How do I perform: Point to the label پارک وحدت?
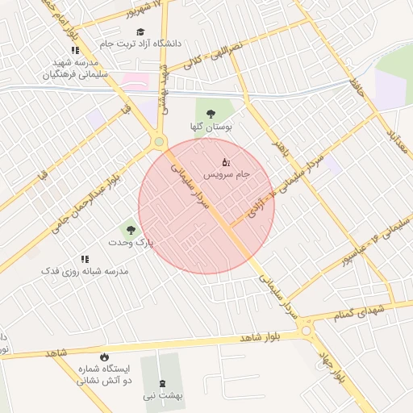[x=131, y=242]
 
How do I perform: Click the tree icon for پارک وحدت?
[x=131, y=231]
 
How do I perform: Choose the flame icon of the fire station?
[x=103, y=357]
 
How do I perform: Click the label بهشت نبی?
[x=164, y=396]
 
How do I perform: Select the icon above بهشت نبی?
[x=164, y=383]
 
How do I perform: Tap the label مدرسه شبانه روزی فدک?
[x=85, y=272]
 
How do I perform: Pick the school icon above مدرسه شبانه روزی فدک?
[x=85, y=260]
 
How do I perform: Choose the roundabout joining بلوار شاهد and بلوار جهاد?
[x=306, y=330]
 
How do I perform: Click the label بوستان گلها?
[x=211, y=127]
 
